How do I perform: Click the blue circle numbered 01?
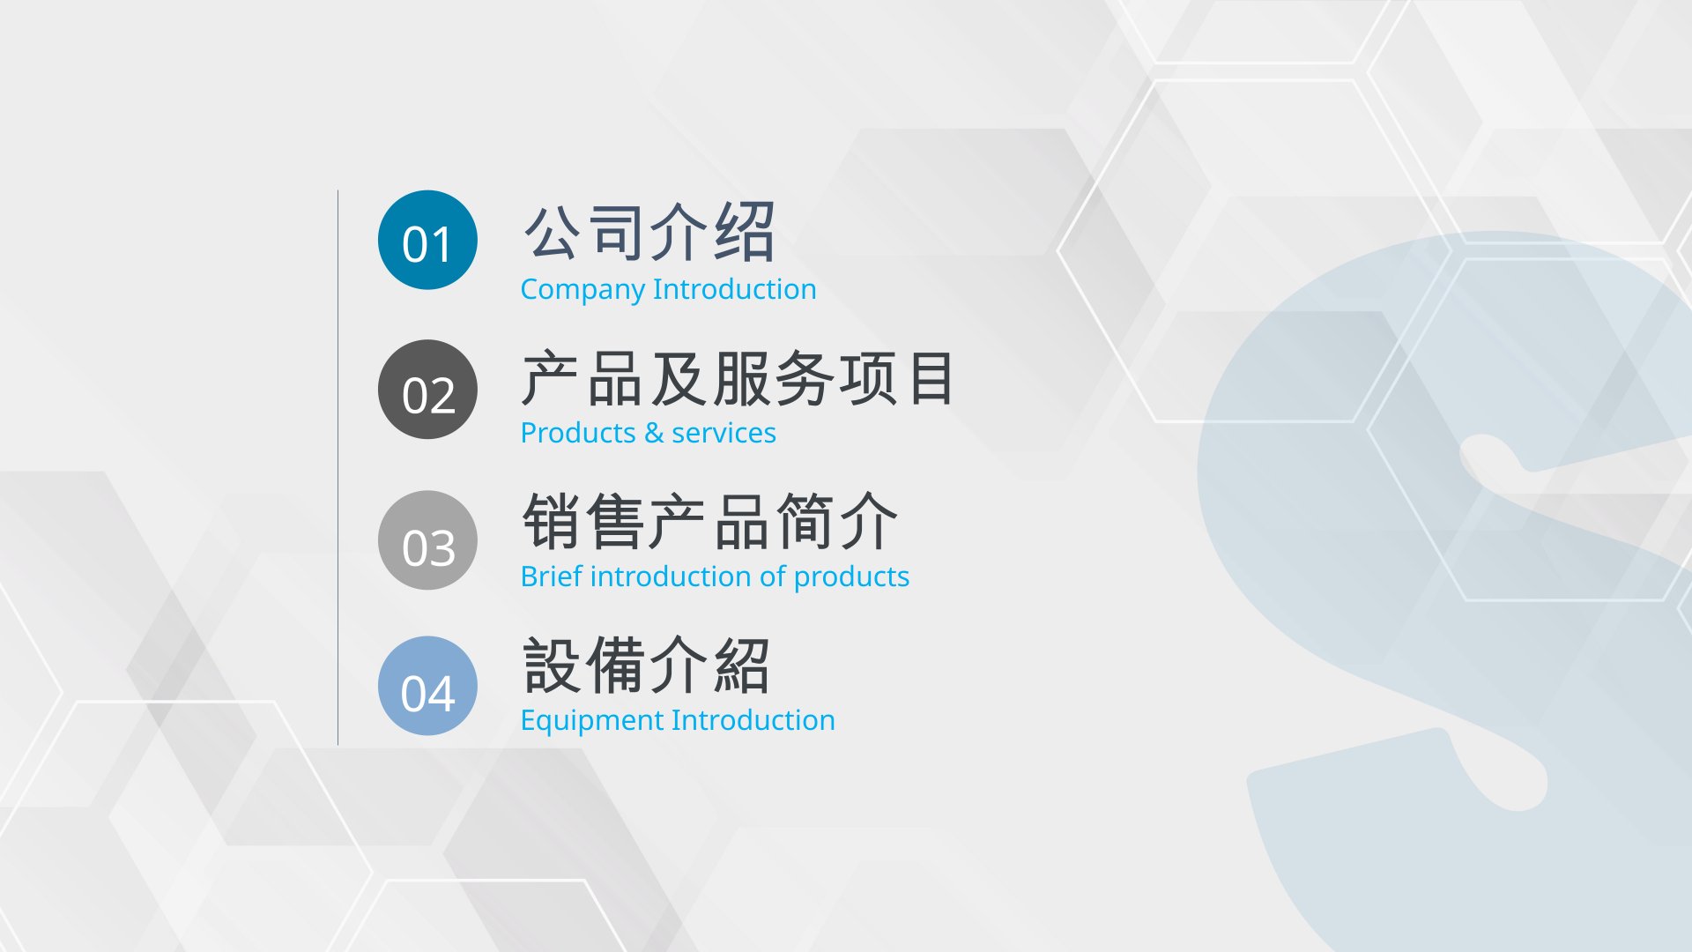point(427,240)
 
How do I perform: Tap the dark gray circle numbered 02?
point(427,390)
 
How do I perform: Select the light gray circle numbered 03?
point(427,540)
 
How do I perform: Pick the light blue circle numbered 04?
point(427,686)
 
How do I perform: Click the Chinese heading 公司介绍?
point(649,233)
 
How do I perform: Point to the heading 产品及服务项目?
point(738,378)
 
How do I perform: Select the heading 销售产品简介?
point(710,521)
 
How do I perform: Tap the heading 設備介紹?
point(647,666)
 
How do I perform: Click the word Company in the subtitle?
point(583,290)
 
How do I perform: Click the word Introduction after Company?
point(735,289)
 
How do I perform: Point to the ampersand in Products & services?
point(653,433)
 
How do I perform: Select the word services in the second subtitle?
point(724,433)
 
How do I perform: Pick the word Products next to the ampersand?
point(578,433)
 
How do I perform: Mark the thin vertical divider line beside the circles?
point(338,467)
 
